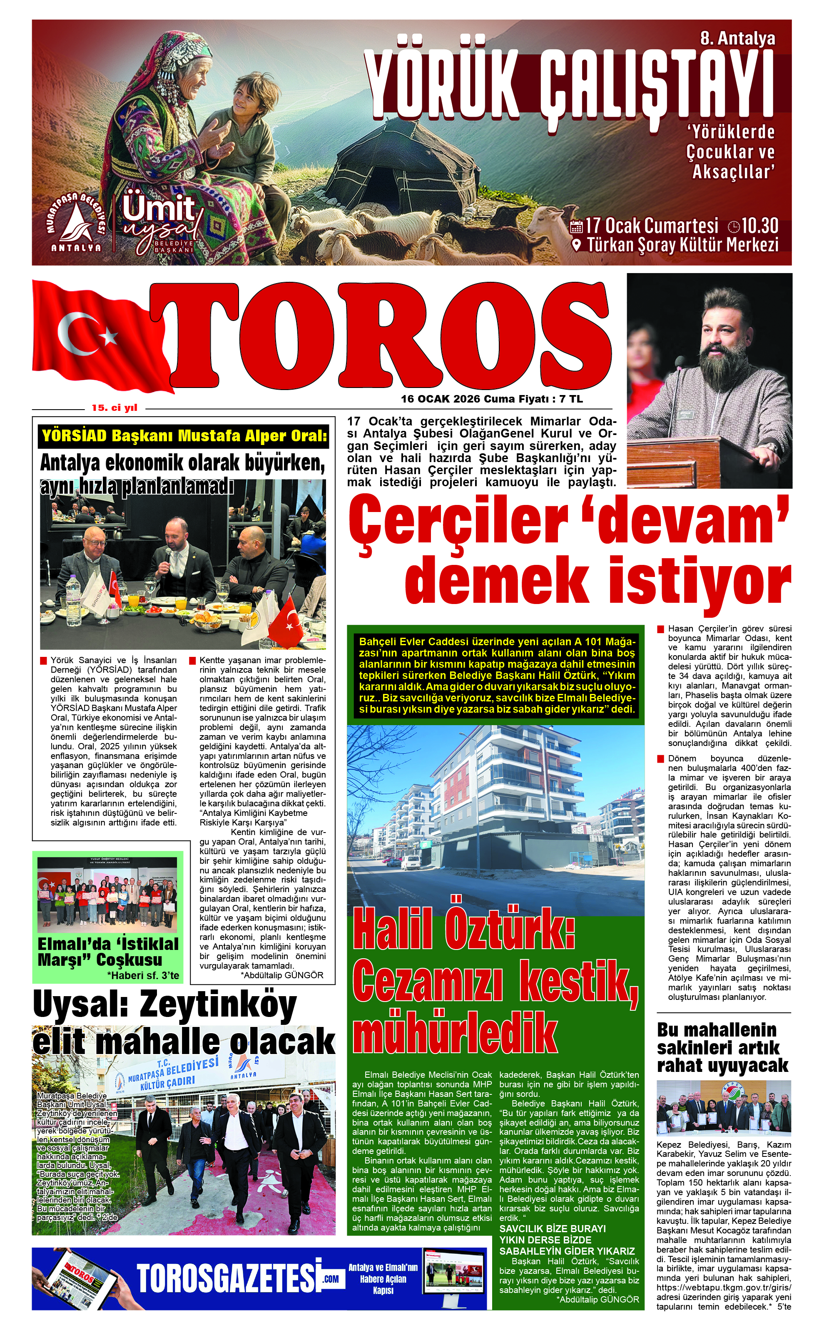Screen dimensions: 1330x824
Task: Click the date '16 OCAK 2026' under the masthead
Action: pos(441,399)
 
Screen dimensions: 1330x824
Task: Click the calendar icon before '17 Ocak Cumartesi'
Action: pos(576,226)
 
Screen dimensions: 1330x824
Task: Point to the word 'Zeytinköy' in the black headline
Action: pos(218,1005)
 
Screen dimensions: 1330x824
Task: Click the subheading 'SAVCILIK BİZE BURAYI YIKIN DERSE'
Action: pos(553,1235)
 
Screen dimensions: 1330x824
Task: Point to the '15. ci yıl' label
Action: pos(115,408)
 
